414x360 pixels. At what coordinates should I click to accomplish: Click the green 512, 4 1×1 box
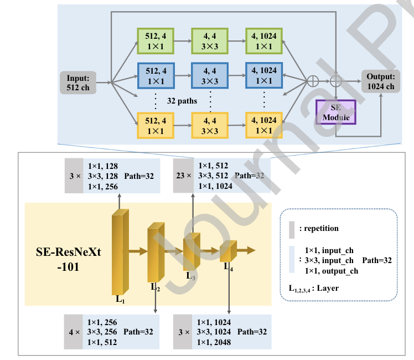[x=156, y=42]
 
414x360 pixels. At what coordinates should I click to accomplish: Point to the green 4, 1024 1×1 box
[x=264, y=42]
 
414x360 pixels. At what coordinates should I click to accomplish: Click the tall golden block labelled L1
[x=120, y=252]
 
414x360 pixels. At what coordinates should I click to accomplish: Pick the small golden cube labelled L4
[x=227, y=252]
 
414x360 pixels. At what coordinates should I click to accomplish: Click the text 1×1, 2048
[x=213, y=343]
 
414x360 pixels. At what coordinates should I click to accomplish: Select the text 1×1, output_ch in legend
[x=332, y=271]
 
